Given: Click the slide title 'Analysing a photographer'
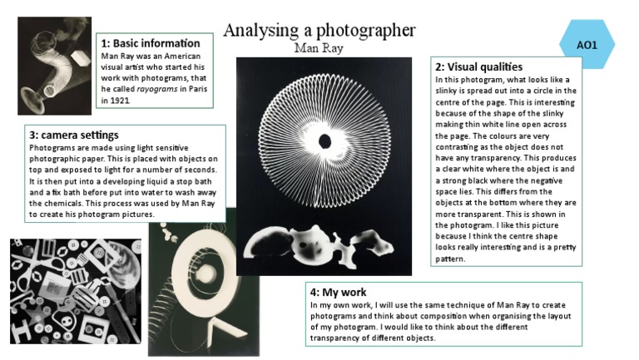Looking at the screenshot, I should pyautogui.click(x=319, y=31).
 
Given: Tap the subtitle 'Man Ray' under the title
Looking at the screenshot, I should pyautogui.click(x=319, y=47).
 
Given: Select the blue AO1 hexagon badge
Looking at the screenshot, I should pyautogui.click(x=587, y=43).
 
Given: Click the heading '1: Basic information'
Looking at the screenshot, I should pyautogui.click(x=151, y=42).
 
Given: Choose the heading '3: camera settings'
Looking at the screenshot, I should pyautogui.click(x=74, y=134).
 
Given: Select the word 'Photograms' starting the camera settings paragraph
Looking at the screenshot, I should pyautogui.click(x=52, y=147).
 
